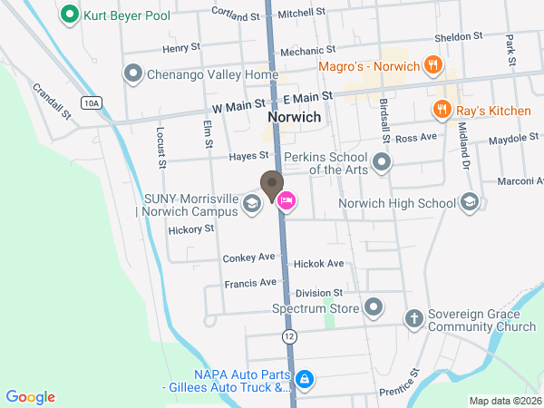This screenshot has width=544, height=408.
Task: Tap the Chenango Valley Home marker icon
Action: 133,73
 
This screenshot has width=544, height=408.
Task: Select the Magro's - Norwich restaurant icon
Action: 433,66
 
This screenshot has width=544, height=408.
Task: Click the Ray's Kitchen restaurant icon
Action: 442,110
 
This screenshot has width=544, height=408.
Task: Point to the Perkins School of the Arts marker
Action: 383,163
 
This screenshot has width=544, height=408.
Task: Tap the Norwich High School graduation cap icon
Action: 469,202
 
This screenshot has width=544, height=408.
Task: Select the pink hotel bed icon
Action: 286,201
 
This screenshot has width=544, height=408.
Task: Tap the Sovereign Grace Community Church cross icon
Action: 413,318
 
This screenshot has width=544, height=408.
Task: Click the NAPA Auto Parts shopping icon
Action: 306,379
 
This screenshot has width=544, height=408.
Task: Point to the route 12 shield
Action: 288,336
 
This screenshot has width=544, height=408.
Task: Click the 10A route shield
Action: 90,103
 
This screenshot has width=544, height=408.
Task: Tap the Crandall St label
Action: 51,102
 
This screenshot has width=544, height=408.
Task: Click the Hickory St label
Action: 190,229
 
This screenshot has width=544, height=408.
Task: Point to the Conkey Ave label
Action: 248,258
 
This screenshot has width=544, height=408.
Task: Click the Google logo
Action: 31,397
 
